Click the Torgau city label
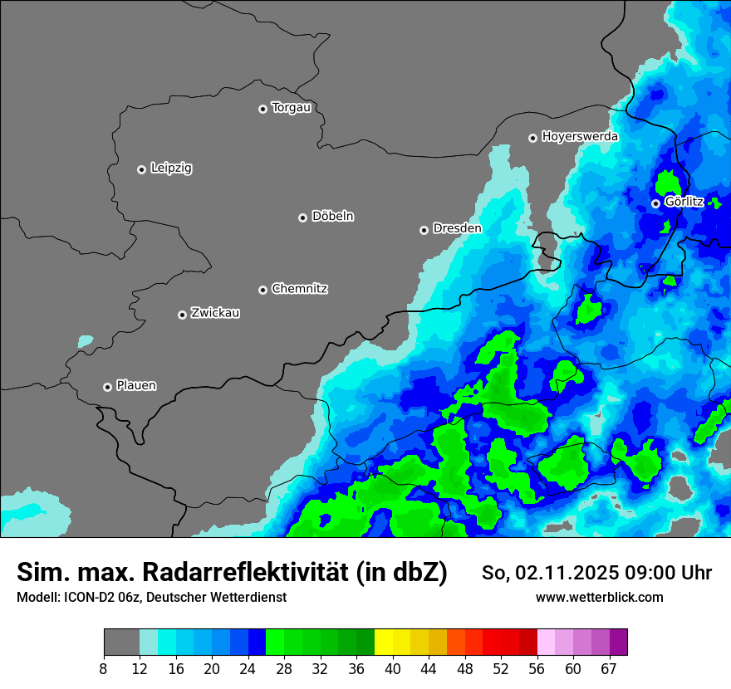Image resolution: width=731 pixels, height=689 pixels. pos(291,108)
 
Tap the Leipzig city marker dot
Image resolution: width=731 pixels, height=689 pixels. pos(141,169)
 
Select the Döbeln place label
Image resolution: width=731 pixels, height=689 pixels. pos(332,217)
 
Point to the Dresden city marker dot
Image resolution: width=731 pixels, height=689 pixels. pos(424,230)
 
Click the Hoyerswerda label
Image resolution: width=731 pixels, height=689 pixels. pos(580,136)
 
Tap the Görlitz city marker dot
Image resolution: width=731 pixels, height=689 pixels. pos(655,203)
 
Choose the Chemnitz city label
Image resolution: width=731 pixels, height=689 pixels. pos(299,289)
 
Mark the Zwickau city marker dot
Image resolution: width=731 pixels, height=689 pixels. pos(182,315)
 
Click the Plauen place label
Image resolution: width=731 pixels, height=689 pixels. pos(136,386)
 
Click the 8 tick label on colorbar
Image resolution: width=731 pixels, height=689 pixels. pos(103,669)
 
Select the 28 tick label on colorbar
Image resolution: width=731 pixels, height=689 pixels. pos(283,669)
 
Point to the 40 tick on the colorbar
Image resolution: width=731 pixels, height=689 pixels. pos(392,669)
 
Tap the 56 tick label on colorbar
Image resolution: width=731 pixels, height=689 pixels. pos(537,669)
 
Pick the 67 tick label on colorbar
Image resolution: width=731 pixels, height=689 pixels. pos(609,669)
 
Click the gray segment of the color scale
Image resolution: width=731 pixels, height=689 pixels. pos(121,642)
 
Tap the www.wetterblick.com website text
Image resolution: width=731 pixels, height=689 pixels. pos(599,598)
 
